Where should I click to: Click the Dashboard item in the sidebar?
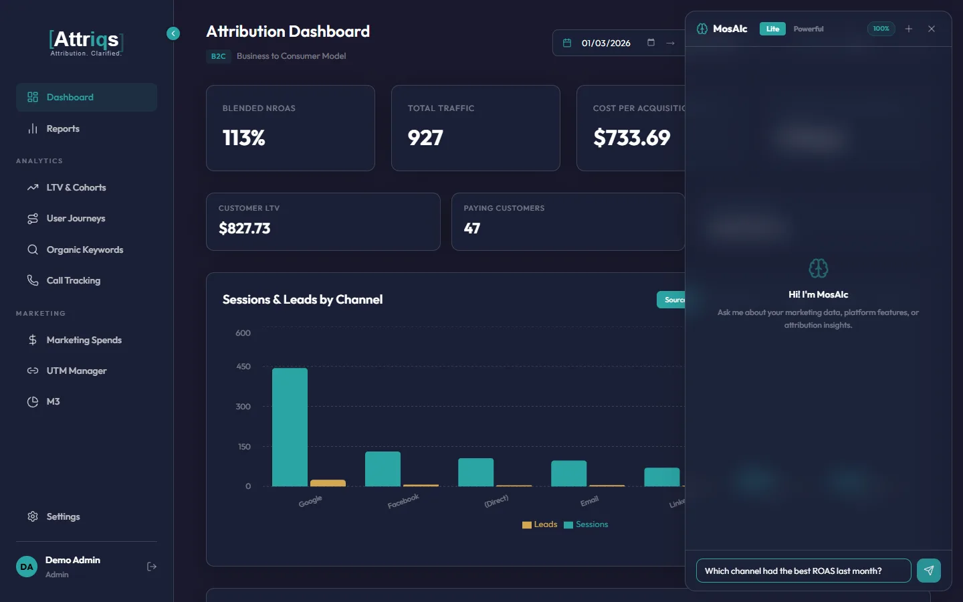tap(70, 98)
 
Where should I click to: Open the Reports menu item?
tap(63, 129)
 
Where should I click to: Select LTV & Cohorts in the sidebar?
tap(76, 188)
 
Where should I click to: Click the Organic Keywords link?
tap(84, 250)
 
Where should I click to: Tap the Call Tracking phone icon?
tap(33, 281)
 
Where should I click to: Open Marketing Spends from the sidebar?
tap(84, 340)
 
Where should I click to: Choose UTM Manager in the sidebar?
tap(76, 371)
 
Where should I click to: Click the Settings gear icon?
tap(33, 517)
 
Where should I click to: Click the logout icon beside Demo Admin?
tap(152, 567)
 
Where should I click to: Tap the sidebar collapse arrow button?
tap(173, 33)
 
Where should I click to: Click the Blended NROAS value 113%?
tap(244, 138)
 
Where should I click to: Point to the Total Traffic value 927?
tap(425, 138)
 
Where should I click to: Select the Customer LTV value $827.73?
tap(245, 229)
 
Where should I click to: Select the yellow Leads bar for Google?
tap(328, 483)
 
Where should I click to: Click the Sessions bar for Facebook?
tap(383, 469)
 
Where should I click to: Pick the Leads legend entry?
tap(540, 525)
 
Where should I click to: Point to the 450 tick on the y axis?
tap(243, 367)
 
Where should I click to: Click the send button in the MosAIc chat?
tap(928, 571)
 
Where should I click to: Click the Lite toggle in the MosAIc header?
tap(772, 29)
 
